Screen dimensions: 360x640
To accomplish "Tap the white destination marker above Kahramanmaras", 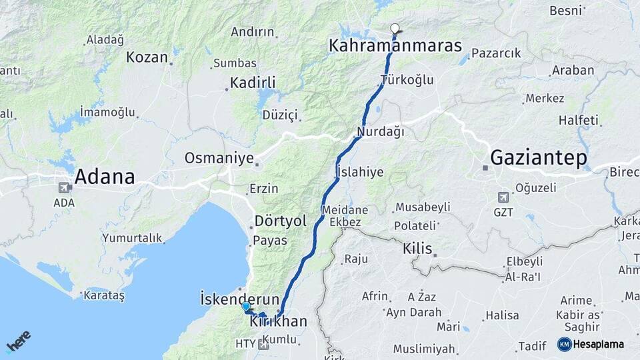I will [x=395, y=29].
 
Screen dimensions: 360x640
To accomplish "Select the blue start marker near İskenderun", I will [x=246, y=307].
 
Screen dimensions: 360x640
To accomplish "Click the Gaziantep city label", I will [x=539, y=158].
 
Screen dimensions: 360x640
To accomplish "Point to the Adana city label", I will [x=105, y=177].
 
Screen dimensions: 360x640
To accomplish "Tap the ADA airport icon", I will [x=65, y=188].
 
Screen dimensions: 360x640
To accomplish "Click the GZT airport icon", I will [x=503, y=197].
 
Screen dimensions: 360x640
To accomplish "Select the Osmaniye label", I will [x=219, y=158].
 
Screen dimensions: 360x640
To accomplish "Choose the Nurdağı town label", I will [x=381, y=131].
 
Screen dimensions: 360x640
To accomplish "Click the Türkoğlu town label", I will [x=407, y=80].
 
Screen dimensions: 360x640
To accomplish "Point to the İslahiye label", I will [x=361, y=171].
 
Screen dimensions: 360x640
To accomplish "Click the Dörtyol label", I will [x=280, y=221].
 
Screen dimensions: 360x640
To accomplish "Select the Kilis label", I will [x=417, y=249].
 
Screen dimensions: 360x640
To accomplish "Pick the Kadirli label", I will [x=253, y=83].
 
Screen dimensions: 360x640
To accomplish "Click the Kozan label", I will [x=147, y=57].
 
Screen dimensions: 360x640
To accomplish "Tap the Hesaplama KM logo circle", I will [x=565, y=344].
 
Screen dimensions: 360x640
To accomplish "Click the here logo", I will [x=18, y=341].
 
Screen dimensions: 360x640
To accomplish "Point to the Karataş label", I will [x=103, y=295].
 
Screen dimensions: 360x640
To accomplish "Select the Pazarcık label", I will [x=496, y=53].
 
